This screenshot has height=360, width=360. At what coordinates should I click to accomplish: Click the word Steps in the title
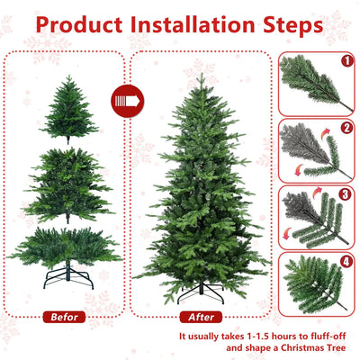(x=291, y=23)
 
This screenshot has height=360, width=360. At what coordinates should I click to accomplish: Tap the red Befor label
(x=65, y=316)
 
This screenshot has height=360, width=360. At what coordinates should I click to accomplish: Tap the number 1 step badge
(x=346, y=62)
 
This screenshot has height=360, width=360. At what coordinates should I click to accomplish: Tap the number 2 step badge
(x=346, y=129)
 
